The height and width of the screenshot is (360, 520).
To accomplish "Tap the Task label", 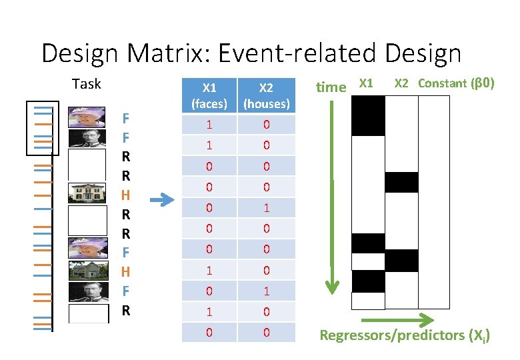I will click(86, 84).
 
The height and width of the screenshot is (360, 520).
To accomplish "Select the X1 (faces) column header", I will click(209, 95).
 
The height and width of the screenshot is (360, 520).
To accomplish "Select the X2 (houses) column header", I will click(266, 95).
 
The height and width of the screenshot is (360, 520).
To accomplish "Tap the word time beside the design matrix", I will click(331, 87).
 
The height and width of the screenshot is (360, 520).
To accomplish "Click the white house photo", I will click(87, 193).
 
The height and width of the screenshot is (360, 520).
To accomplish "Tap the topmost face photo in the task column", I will click(87, 117).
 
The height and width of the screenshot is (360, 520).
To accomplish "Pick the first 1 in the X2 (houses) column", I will click(266, 208).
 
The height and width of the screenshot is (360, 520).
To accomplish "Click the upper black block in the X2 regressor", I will click(401, 182).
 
